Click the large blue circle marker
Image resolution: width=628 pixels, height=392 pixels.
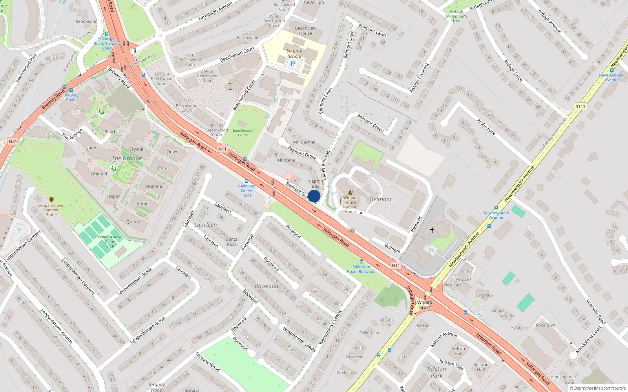[314, 196]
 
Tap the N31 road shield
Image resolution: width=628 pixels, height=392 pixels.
[13, 142]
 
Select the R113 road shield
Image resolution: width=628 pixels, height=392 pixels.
[580, 107]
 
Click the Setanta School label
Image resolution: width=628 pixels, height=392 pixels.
[294, 54]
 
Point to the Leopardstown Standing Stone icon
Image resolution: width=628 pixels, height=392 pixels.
[51, 200]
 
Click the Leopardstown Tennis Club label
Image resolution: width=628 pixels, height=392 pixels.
[110, 241]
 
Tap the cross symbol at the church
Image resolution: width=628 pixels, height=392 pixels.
[432, 230]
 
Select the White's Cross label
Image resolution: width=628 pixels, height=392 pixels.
[425, 305]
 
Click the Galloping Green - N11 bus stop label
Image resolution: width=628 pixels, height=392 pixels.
[246, 191]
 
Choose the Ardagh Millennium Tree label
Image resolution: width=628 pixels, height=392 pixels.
[456, 16]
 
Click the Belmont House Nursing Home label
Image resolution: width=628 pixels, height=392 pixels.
[350, 205]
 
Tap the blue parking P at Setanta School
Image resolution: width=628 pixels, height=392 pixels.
[292, 64]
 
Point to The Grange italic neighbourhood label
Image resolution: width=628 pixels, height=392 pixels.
[127, 158]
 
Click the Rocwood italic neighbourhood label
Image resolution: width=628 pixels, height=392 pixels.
[267, 286]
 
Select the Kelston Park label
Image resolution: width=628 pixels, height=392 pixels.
[436, 372]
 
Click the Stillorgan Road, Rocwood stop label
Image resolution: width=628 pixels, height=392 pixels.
[361, 269]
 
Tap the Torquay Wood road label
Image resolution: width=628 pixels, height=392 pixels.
[208, 362]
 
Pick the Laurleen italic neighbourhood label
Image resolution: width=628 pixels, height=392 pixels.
[205, 225]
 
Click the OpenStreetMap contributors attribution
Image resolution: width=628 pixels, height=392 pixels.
[597, 388]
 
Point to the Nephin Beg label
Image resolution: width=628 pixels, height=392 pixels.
[316, 183]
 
